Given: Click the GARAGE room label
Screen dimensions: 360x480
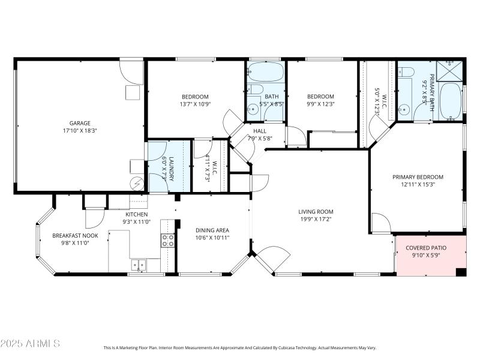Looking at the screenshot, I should (x=79, y=123).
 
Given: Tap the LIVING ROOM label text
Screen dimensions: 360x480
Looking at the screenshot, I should (x=316, y=212).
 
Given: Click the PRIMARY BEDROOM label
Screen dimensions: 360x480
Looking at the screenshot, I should (x=418, y=177).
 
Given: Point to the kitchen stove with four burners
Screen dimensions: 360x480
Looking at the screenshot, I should (x=167, y=241).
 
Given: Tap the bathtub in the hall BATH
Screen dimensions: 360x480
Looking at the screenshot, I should (x=264, y=73).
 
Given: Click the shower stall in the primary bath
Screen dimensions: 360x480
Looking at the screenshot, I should (x=451, y=70).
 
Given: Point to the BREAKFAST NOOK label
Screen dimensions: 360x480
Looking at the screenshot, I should (x=75, y=236).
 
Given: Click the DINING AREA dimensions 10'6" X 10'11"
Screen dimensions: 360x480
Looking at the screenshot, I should (x=212, y=238).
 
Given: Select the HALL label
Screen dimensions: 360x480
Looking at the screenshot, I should (x=260, y=131).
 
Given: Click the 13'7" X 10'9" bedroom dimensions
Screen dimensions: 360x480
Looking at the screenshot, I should (x=195, y=104).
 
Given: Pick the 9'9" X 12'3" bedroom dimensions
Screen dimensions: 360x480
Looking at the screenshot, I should (x=320, y=104).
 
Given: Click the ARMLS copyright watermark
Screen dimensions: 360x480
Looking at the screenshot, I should (x=30, y=343).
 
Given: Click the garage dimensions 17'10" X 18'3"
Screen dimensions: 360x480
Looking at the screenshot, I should (x=79, y=130).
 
